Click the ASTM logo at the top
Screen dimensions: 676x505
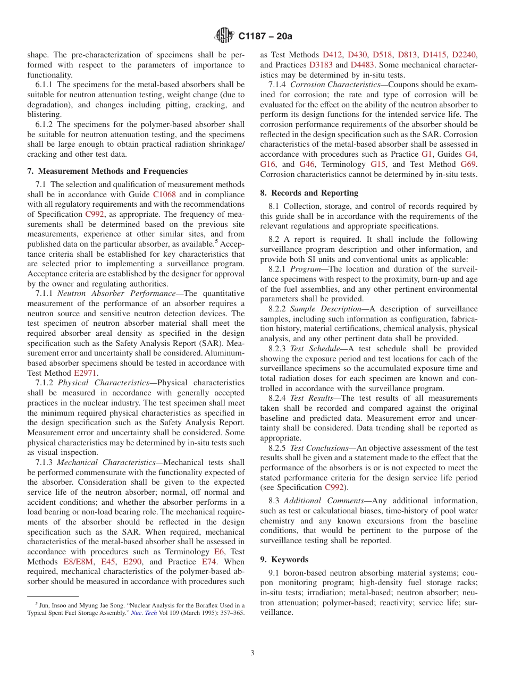224,36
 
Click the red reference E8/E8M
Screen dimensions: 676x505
79,562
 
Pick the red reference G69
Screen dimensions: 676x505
468,164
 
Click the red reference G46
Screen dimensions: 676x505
307,164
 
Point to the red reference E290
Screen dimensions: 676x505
132,562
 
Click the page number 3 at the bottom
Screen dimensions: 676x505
252,653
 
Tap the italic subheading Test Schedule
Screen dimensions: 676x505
314,349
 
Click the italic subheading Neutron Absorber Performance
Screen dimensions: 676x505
116,293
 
